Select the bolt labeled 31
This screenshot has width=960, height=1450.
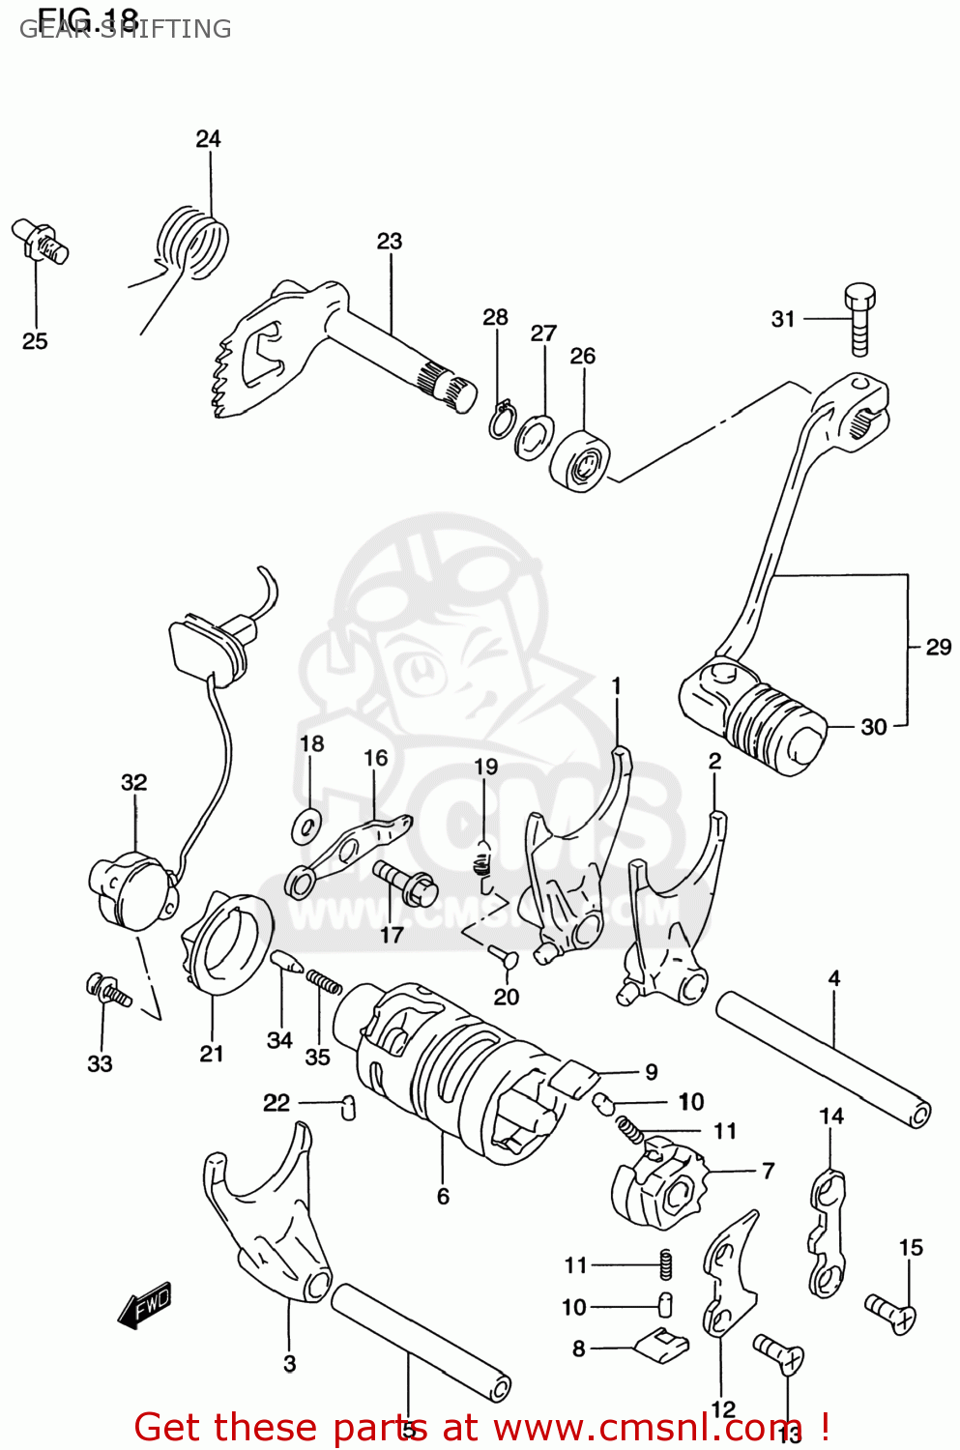[859, 319]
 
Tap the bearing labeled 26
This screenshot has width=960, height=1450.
[581, 460]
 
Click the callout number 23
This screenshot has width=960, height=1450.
[390, 241]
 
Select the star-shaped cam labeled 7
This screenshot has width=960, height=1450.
[657, 1184]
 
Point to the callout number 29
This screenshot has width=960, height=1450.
[938, 647]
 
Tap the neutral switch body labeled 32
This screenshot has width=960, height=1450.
[131, 887]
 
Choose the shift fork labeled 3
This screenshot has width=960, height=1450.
[266, 1218]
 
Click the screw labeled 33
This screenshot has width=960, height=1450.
[107, 990]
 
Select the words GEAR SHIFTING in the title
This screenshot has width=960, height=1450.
[126, 29]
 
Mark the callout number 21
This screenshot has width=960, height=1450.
[212, 1054]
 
